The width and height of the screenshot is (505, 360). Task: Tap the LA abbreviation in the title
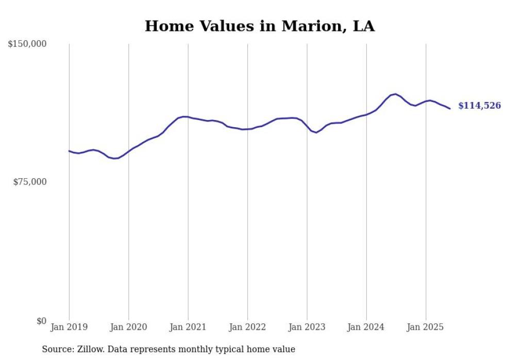pyautogui.click(x=363, y=26)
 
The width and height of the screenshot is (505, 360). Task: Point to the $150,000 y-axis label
pyautogui.click(x=27, y=44)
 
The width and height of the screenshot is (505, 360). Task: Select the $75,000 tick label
pyautogui.click(x=30, y=182)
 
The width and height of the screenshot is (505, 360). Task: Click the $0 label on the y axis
pyautogui.click(x=41, y=321)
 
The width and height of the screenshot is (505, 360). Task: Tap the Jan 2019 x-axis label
pyautogui.click(x=69, y=327)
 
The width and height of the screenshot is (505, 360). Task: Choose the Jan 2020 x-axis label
pyautogui.click(x=128, y=327)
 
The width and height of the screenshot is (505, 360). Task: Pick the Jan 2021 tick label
pyautogui.click(x=188, y=327)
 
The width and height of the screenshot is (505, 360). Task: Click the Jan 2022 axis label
pyautogui.click(x=247, y=327)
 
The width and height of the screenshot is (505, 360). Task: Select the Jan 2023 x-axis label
pyautogui.click(x=307, y=327)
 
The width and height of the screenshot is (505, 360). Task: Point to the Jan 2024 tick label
pyautogui.click(x=366, y=327)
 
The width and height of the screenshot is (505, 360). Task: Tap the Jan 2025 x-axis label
pyautogui.click(x=426, y=327)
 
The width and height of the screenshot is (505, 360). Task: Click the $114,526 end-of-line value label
pyautogui.click(x=479, y=106)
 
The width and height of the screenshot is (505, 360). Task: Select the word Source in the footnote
pyautogui.click(x=56, y=349)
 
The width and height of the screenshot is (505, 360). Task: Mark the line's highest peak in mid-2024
pyautogui.click(x=395, y=94)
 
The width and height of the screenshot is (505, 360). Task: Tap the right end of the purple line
pyautogui.click(x=450, y=109)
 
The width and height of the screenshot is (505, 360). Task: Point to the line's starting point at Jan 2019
pyautogui.click(x=69, y=151)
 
